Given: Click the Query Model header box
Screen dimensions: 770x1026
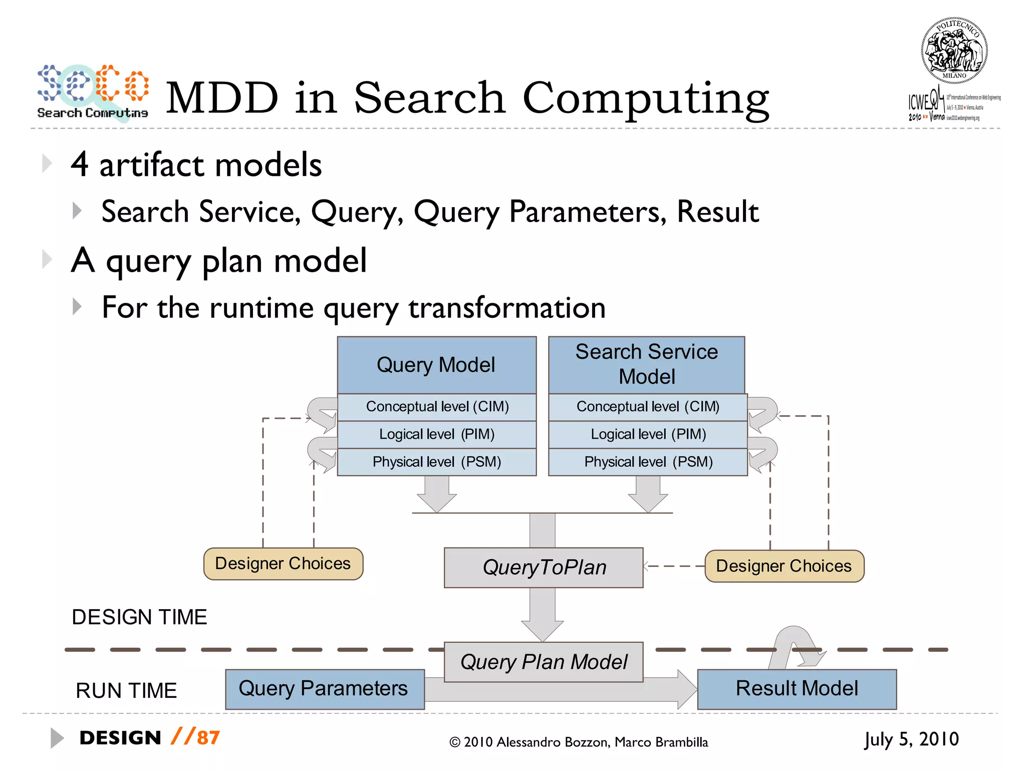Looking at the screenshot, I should (x=436, y=365).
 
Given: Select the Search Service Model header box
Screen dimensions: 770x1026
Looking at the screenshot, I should (x=646, y=364).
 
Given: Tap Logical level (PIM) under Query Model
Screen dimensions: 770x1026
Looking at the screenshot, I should (x=436, y=434).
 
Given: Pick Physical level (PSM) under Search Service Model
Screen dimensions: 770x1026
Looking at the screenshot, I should (x=648, y=462).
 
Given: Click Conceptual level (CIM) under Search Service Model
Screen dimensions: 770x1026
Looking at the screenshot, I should (x=648, y=407).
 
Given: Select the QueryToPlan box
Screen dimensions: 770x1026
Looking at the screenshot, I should (x=544, y=567).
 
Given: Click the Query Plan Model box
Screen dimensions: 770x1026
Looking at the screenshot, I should (x=544, y=662).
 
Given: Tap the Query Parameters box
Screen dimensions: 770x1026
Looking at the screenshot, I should (x=324, y=689).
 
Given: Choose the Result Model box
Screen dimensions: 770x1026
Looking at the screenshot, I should (x=797, y=689).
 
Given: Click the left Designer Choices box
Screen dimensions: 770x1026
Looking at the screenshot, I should (x=283, y=563).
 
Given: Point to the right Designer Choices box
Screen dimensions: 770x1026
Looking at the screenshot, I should (x=784, y=566).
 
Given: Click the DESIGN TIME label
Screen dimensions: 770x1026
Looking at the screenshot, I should (x=139, y=617).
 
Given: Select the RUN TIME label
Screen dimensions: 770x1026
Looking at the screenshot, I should (x=126, y=691).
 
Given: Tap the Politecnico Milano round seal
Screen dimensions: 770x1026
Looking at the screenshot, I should (x=954, y=50).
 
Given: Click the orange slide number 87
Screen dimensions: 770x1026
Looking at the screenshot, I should (x=208, y=737).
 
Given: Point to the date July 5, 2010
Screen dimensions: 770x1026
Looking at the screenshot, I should (x=911, y=739).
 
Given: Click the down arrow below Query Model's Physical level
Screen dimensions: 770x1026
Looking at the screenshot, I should (x=436, y=494).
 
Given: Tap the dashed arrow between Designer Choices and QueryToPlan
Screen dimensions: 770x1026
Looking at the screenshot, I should (x=674, y=566).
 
